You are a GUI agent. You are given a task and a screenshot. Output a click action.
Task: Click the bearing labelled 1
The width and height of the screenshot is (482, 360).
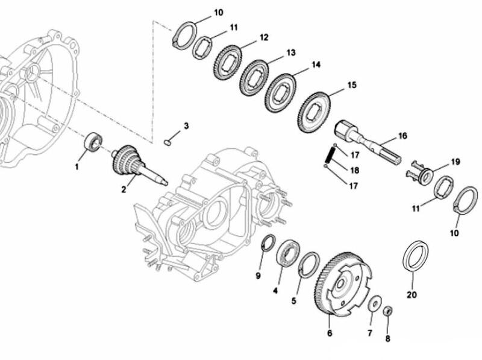pyautogui.click(x=93, y=142)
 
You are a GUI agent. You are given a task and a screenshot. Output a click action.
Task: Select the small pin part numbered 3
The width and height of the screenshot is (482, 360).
pyautogui.click(x=169, y=142)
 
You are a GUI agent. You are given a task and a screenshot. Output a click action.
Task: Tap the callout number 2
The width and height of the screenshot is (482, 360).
pyautogui.click(x=124, y=189)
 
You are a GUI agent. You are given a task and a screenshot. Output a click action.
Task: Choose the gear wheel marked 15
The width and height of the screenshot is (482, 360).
pyautogui.click(x=315, y=112)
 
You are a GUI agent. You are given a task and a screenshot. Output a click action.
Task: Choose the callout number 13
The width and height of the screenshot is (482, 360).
pyautogui.click(x=291, y=53)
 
